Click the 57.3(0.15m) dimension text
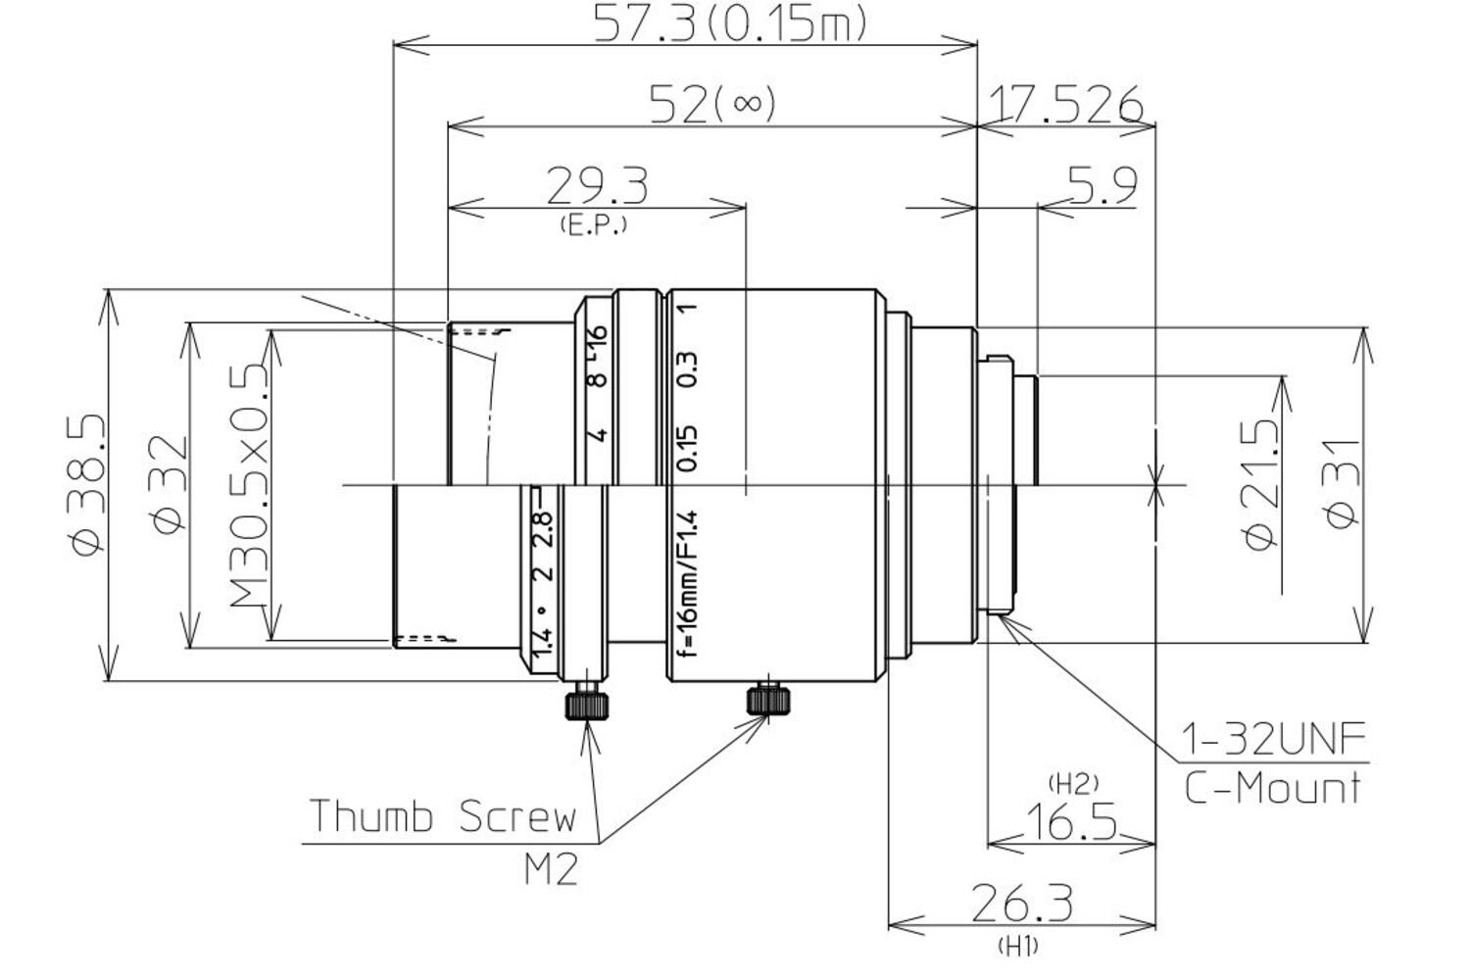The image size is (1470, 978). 730,24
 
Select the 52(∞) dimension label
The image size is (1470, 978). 712,103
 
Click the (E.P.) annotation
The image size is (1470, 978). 593,225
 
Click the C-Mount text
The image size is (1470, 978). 1271,787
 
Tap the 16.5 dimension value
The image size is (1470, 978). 1070,821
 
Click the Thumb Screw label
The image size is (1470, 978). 443,816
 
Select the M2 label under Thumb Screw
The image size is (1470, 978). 550,868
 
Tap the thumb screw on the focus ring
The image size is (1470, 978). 768,699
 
